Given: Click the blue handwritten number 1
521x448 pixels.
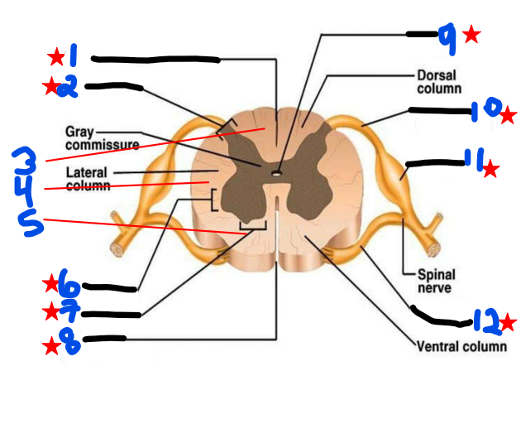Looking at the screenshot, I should (73, 55).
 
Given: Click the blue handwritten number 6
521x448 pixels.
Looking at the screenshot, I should (71, 287).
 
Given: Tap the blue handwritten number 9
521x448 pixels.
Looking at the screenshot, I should (447, 36).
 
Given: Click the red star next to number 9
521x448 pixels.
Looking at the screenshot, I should (471, 34).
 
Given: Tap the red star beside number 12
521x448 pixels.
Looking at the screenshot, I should (508, 321).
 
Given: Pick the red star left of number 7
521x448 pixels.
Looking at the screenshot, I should (51, 312).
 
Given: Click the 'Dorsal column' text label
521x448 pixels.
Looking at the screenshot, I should (437, 81).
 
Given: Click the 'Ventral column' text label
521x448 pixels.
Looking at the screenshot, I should (461, 345).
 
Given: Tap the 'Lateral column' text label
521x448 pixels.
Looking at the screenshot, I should (88, 179).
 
